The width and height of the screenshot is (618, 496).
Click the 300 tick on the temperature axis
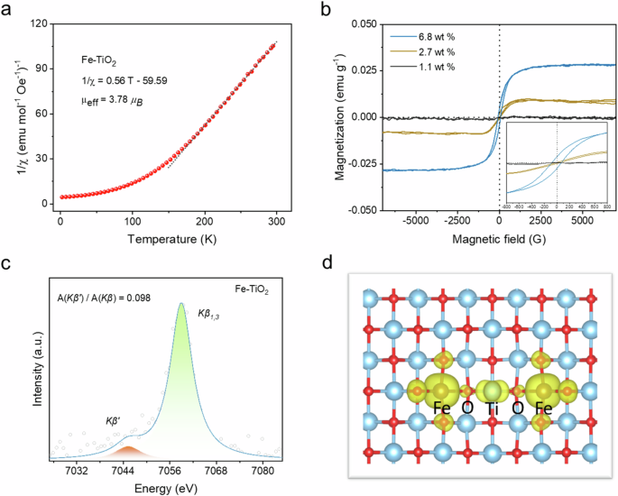pos(269,219)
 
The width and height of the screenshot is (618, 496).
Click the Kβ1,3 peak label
pos(214,313)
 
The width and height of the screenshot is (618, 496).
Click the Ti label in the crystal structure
pos(492,409)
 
